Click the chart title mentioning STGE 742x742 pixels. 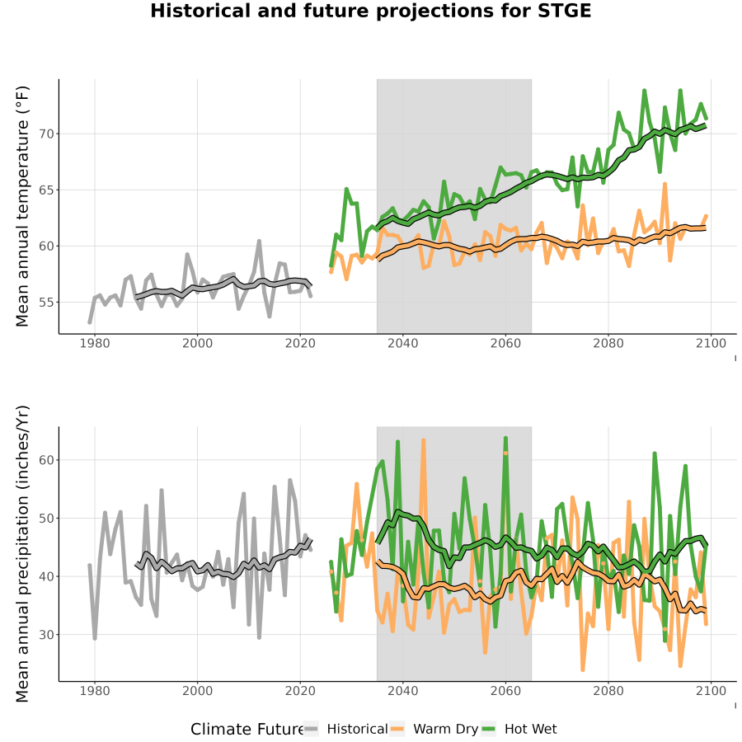click(x=370, y=11)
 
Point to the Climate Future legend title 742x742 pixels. click(x=247, y=729)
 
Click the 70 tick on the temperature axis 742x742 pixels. click(x=47, y=134)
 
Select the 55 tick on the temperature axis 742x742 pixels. click(x=47, y=303)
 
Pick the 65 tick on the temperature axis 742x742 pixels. click(x=47, y=190)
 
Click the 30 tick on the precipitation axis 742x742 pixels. click(x=47, y=635)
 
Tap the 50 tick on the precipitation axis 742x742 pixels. click(x=47, y=519)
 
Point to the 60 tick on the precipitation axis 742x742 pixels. click(x=47, y=460)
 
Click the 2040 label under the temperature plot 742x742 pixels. click(x=402, y=343)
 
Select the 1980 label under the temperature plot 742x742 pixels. click(x=95, y=343)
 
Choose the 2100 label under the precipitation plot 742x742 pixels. click(x=711, y=691)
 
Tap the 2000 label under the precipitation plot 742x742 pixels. click(x=197, y=691)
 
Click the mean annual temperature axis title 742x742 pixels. click(x=22, y=206)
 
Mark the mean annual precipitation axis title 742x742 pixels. click(x=22, y=554)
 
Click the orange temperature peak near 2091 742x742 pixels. click(x=665, y=184)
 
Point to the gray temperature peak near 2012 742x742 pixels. click(x=259, y=241)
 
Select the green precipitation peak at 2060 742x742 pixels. click(x=505, y=439)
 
